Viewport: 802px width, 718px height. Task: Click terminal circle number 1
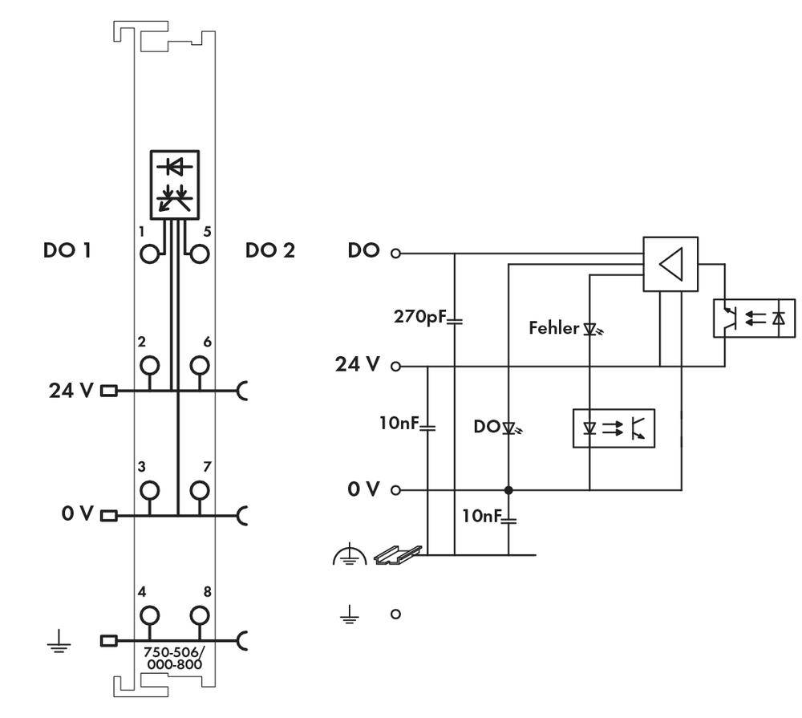pos(149,254)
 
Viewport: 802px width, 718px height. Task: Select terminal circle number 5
pos(200,254)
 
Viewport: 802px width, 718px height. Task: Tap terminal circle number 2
pos(149,366)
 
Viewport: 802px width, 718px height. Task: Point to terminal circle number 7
pos(200,489)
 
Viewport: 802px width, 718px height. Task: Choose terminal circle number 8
pos(200,615)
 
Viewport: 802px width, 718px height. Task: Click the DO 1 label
pos(67,250)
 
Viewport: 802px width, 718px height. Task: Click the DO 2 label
pos(269,250)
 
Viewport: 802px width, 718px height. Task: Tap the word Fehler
pos(553,328)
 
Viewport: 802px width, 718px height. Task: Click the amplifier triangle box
pos(670,264)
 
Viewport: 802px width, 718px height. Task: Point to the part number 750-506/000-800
pos(172,658)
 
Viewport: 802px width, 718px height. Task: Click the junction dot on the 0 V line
pos(508,489)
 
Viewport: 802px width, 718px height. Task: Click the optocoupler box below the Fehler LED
pos(614,428)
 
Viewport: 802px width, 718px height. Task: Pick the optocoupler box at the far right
pos(753,318)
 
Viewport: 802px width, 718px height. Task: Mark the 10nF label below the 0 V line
pos(482,516)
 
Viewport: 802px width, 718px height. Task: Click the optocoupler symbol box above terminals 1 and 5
pos(175,184)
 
